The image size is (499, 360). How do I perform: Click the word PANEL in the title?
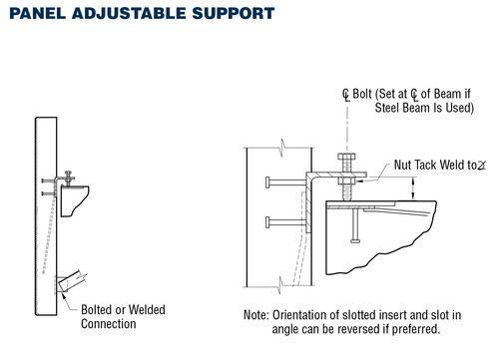point(38,15)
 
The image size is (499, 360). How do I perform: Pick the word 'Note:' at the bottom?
point(256,314)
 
